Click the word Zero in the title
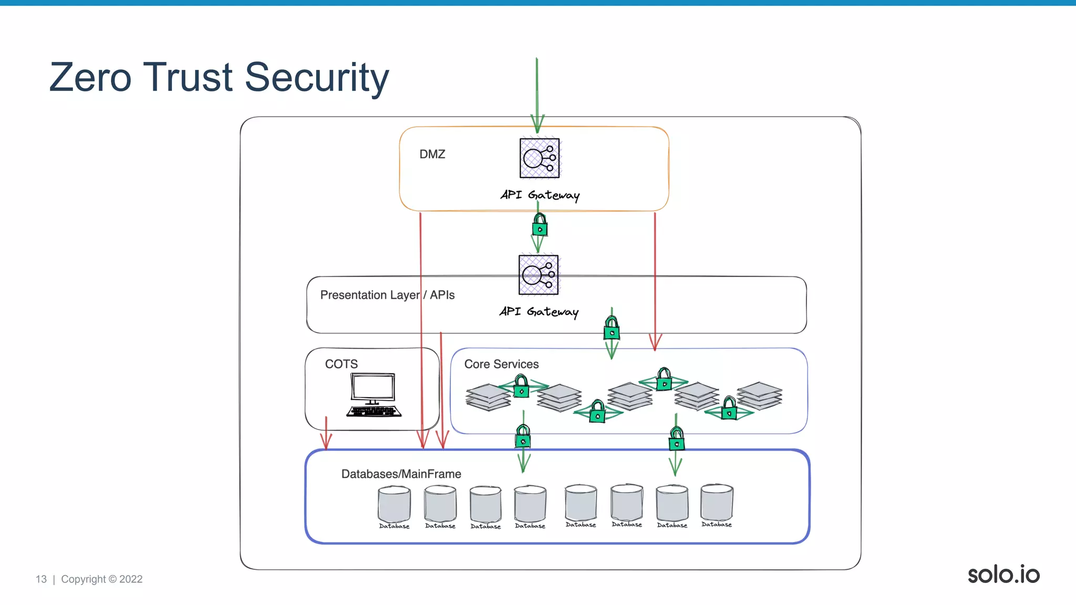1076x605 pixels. coord(90,77)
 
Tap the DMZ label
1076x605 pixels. coord(432,154)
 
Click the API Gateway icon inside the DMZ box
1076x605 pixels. coord(540,158)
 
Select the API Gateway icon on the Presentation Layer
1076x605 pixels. coord(539,275)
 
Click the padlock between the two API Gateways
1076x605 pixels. coord(540,226)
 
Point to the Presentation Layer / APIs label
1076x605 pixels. coord(387,295)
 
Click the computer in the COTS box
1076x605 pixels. coord(374,395)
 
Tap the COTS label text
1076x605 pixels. coord(341,364)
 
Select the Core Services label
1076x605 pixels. coord(501,364)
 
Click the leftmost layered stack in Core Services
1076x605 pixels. coord(488,397)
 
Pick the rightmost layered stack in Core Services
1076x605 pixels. coord(759,395)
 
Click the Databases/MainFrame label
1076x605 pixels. coord(401,474)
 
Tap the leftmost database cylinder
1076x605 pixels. coord(394,504)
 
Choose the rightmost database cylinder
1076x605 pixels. coord(717,503)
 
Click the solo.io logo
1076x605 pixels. coord(1003,575)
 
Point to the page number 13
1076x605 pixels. coord(41,579)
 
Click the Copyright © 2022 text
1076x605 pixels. coord(102,579)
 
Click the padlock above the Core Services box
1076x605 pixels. coord(612,329)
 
